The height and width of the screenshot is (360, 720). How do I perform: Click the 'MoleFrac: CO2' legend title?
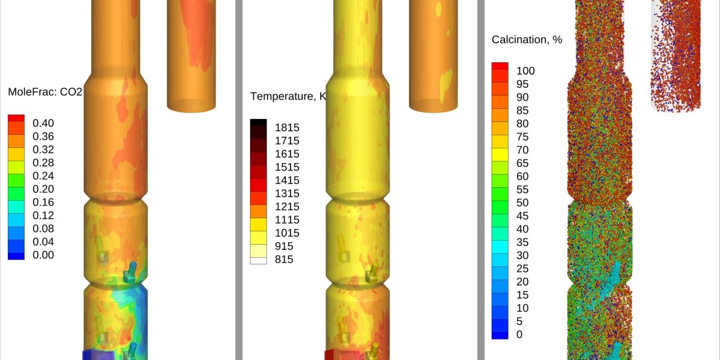[45, 92]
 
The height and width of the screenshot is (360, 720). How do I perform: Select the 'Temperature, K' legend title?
[288, 96]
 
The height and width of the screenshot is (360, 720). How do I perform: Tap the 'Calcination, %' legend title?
[527, 40]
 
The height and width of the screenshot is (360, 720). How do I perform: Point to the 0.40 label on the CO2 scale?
[43, 123]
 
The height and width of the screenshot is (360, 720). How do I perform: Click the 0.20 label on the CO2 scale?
[43, 189]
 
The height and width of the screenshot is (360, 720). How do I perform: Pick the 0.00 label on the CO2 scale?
[43, 256]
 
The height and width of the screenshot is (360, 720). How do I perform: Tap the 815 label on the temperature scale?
[284, 260]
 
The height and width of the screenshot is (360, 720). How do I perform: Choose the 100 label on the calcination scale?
[526, 71]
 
